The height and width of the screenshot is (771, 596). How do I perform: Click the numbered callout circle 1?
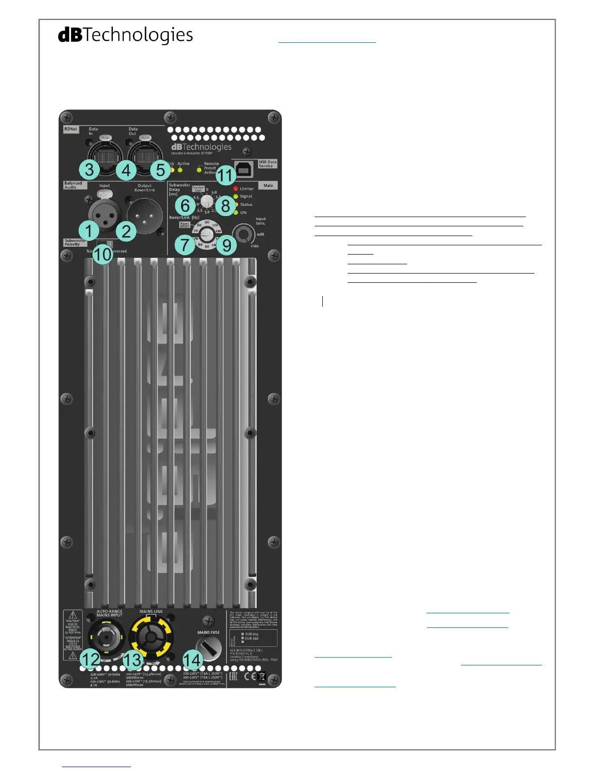tap(89, 231)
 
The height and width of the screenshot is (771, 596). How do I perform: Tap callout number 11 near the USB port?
tap(225, 175)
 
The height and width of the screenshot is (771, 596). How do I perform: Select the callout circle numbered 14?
tap(193, 661)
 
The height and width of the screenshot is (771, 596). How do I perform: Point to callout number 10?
tap(102, 254)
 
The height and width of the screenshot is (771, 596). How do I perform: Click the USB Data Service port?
tap(243, 168)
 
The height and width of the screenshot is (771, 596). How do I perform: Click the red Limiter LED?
tap(236, 188)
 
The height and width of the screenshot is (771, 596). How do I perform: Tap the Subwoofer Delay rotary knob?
tap(207, 200)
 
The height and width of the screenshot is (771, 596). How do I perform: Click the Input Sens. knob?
tap(243, 235)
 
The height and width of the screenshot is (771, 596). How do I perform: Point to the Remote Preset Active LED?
tap(199, 170)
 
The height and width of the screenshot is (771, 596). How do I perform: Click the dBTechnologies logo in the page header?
tap(126, 35)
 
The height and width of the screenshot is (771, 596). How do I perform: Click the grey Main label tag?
tap(268, 185)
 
